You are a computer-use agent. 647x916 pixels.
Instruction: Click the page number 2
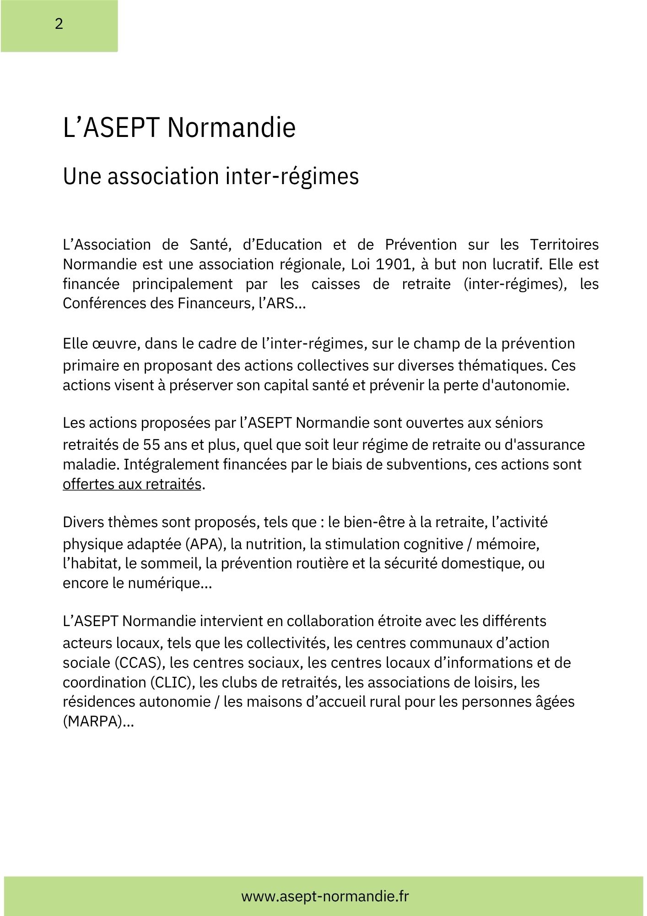pos(59,24)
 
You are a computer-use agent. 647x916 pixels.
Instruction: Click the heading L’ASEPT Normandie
pos(179,128)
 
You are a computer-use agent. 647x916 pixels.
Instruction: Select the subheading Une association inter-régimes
pos(210,177)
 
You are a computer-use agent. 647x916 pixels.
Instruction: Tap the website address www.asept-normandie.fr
pos(325,896)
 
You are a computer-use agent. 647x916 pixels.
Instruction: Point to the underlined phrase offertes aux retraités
pos(132,484)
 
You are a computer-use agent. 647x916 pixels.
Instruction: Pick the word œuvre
pos(114,343)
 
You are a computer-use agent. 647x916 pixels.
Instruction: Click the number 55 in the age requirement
pos(151,445)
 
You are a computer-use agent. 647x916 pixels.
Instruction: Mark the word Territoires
pos(564,245)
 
